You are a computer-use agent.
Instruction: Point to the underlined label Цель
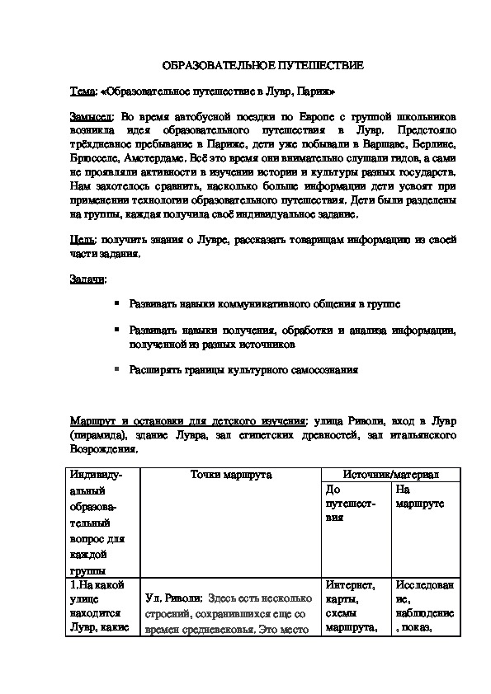click(83, 239)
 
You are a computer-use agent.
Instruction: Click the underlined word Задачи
click(87, 279)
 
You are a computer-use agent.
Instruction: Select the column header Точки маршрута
click(231, 475)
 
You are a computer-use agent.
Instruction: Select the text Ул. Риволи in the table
click(171, 599)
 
